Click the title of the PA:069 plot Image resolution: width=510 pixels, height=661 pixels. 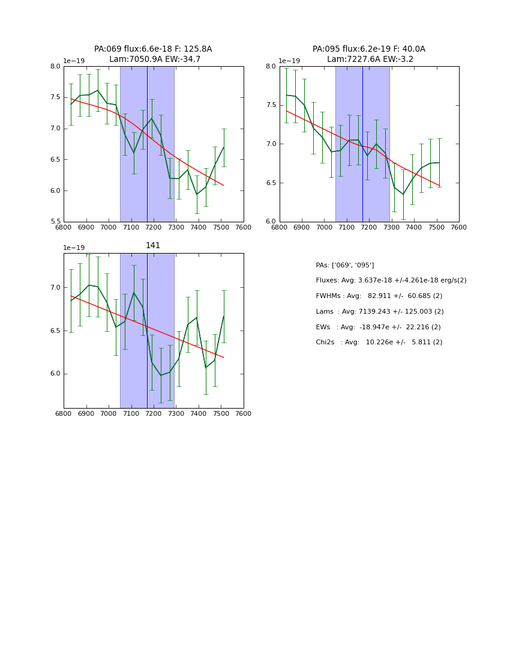coord(153,54)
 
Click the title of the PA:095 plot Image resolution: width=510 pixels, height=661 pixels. coord(368,54)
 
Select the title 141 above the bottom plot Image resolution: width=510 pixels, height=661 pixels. coord(153,246)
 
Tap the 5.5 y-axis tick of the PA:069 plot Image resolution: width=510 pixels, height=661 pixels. coord(55,222)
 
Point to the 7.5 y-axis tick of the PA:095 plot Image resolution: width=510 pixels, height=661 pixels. coord(271,105)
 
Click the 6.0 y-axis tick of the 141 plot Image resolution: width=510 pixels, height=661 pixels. coord(55,374)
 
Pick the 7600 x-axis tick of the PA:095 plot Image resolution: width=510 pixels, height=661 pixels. coord(458,227)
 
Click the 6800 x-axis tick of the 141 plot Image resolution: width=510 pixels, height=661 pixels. coord(64,414)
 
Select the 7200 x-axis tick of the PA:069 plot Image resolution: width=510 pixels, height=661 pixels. coord(154,227)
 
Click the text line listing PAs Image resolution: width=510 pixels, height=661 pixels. coord(344,265)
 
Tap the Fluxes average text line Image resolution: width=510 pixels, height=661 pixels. coord(391,281)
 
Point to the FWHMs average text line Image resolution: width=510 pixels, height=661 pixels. coord(379,296)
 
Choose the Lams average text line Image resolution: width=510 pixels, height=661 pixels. coord(379,312)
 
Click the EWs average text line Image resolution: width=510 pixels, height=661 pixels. coord(378,327)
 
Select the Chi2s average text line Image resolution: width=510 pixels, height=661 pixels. coord(379,343)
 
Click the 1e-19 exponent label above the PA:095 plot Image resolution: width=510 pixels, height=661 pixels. coord(289,61)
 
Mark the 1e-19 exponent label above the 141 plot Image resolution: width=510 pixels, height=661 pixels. coord(74,248)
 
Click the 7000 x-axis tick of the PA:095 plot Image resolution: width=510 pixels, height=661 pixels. coord(324,227)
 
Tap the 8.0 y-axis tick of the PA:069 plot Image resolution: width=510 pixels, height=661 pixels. coord(55,66)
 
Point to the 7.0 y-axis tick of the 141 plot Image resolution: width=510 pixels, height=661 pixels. coord(55,288)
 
